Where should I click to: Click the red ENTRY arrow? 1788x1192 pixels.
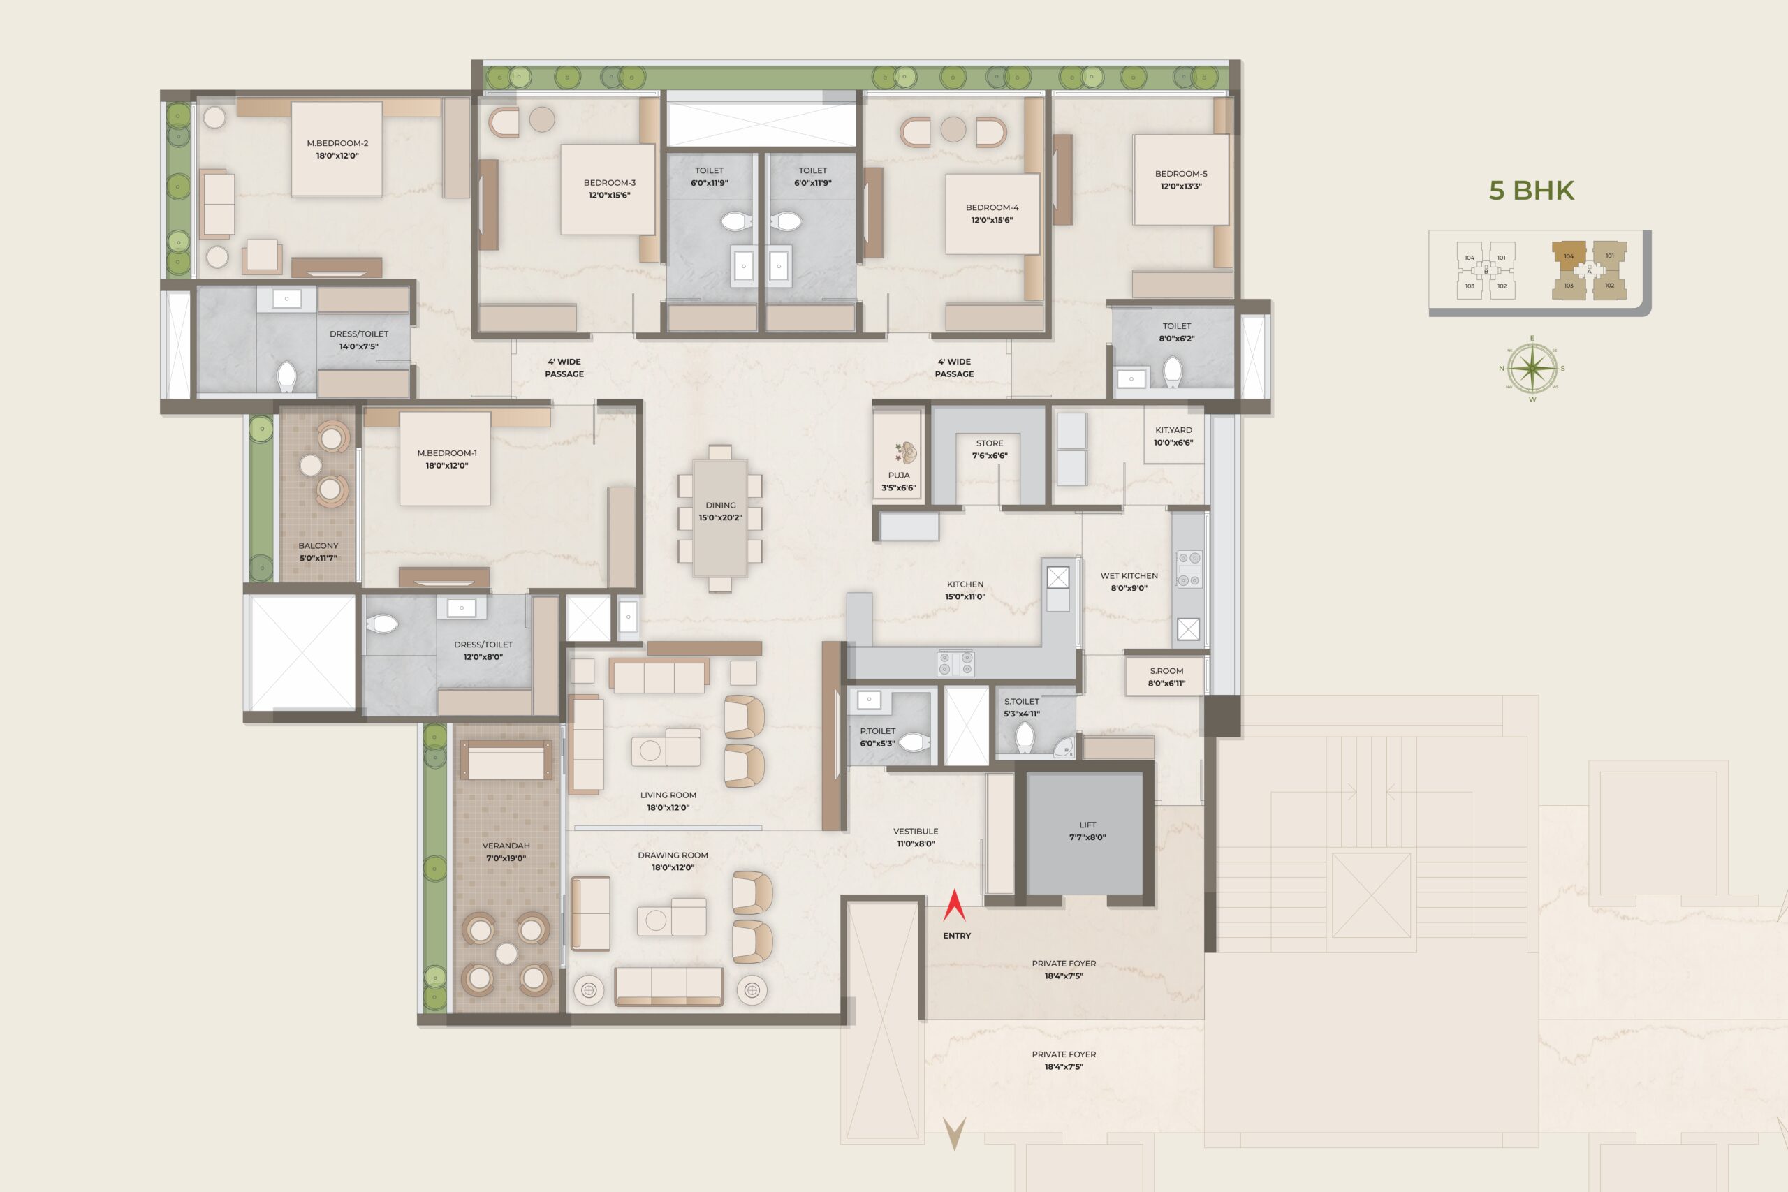click(x=954, y=906)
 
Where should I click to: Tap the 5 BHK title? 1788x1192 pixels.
click(x=1531, y=190)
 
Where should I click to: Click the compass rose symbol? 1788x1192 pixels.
click(x=1532, y=369)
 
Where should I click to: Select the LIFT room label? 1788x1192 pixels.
click(x=1087, y=825)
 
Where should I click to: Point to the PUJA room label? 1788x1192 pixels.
click(x=899, y=475)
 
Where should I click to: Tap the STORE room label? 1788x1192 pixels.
click(x=990, y=443)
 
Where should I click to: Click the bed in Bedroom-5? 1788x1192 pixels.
click(x=1180, y=180)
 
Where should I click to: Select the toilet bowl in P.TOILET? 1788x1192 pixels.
click(x=914, y=741)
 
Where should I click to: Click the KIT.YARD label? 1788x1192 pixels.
click(x=1173, y=430)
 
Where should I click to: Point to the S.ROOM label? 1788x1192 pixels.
click(x=1166, y=671)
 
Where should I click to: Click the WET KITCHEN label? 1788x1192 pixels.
click(x=1129, y=576)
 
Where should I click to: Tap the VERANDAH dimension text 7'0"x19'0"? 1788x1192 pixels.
click(x=506, y=858)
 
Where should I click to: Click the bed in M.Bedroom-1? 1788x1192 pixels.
click(x=445, y=458)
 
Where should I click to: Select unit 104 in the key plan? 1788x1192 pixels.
click(x=1568, y=257)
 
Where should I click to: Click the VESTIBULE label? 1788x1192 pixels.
click(x=915, y=832)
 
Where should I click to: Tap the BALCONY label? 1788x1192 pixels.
click(x=318, y=546)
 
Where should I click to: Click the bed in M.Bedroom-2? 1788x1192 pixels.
click(x=336, y=149)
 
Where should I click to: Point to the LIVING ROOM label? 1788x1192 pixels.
click(x=668, y=795)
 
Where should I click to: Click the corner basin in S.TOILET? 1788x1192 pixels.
click(x=1064, y=747)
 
